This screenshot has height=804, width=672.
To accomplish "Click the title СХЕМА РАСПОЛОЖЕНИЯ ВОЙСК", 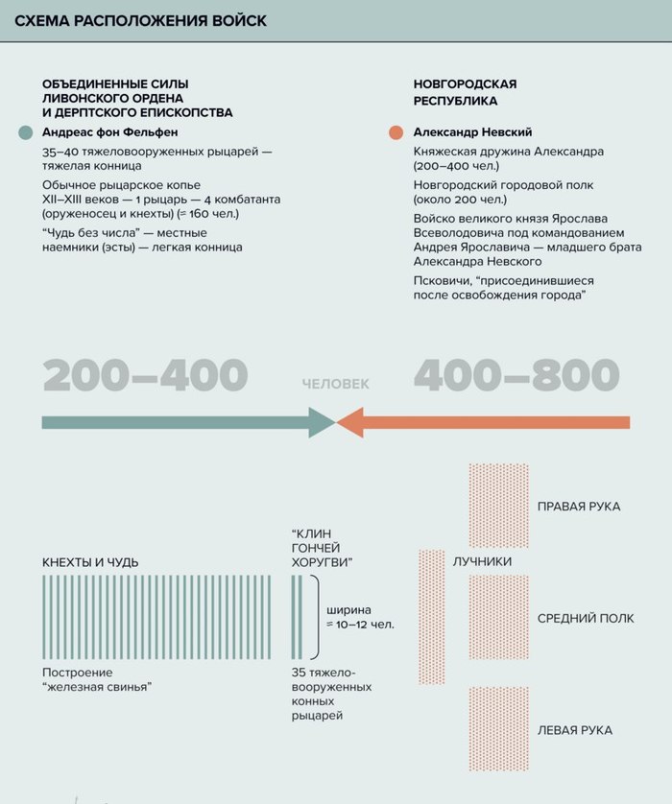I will click(141, 20).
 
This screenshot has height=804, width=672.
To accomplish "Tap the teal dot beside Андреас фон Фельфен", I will click(26, 132).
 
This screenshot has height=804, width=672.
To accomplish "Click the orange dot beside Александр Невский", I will click(396, 132).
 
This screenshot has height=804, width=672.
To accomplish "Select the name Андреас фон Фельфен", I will click(110, 132).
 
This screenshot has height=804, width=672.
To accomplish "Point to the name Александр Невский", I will click(472, 132).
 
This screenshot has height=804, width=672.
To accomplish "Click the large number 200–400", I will click(145, 375).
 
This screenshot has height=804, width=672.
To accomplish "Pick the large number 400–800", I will click(516, 375).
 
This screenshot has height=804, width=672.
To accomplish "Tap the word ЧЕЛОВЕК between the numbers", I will click(335, 384).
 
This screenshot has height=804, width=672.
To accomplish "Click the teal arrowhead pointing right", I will click(321, 422).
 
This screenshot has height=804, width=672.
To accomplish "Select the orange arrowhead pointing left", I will click(350, 422).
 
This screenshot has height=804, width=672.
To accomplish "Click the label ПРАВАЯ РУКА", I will click(579, 507).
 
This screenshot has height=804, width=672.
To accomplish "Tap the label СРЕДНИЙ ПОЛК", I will click(586, 619).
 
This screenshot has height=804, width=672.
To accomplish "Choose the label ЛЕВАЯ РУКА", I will click(575, 731).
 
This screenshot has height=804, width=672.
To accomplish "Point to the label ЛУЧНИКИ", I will click(482, 562).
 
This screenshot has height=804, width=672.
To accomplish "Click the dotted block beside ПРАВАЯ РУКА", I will click(498, 506).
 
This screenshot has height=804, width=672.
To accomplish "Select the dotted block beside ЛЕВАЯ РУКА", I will click(498, 729).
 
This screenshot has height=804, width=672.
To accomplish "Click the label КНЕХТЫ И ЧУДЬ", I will click(90, 561).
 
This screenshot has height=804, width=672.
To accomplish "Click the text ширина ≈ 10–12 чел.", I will click(360, 617).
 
